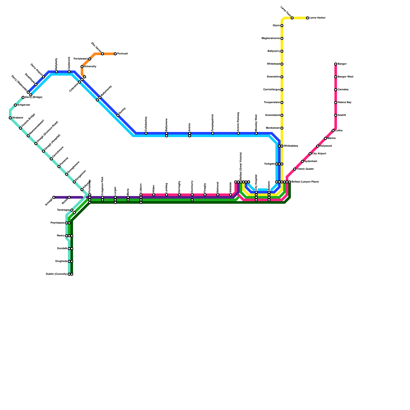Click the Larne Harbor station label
pyautogui.click(x=317, y=18)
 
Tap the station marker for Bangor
pyautogui.click(x=336, y=64)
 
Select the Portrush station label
pyautogui.click(x=122, y=54)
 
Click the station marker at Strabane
pyautogui.click(x=10, y=118)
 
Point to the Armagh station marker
pyautogui.click(x=54, y=197)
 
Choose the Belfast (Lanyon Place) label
pyautogui.click(x=305, y=182)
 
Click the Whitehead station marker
pyautogui.click(x=282, y=64)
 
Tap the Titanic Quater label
pyautogui.click(x=305, y=169)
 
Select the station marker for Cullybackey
pyautogui.click(x=146, y=133)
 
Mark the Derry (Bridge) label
pyautogui.click(x=34, y=97)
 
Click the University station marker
pyautogui.click(x=82, y=67)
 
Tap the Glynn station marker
pyautogui.click(x=282, y=26)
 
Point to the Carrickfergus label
pyautogui.click(x=271, y=90)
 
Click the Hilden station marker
pyautogui.click(x=154, y=195)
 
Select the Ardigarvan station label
pyautogui.click(x=24, y=105)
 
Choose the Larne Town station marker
pyautogui.click(x=292, y=18)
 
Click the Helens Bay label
pyautogui.click(x=344, y=102)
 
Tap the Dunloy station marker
pyautogui.click(x=118, y=115)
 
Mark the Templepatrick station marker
pyautogui.click(x=213, y=133)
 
